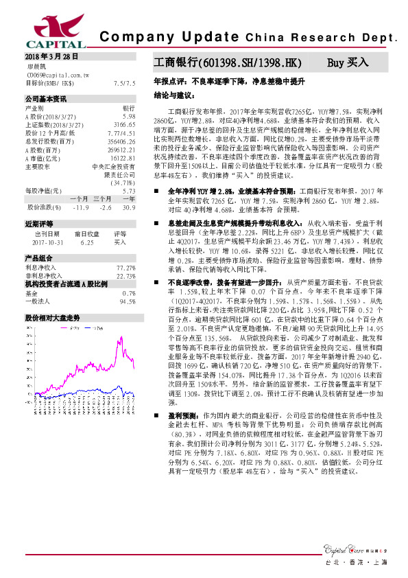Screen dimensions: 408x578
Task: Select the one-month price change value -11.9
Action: point(81,207)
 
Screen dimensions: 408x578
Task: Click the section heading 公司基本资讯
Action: point(46,100)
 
